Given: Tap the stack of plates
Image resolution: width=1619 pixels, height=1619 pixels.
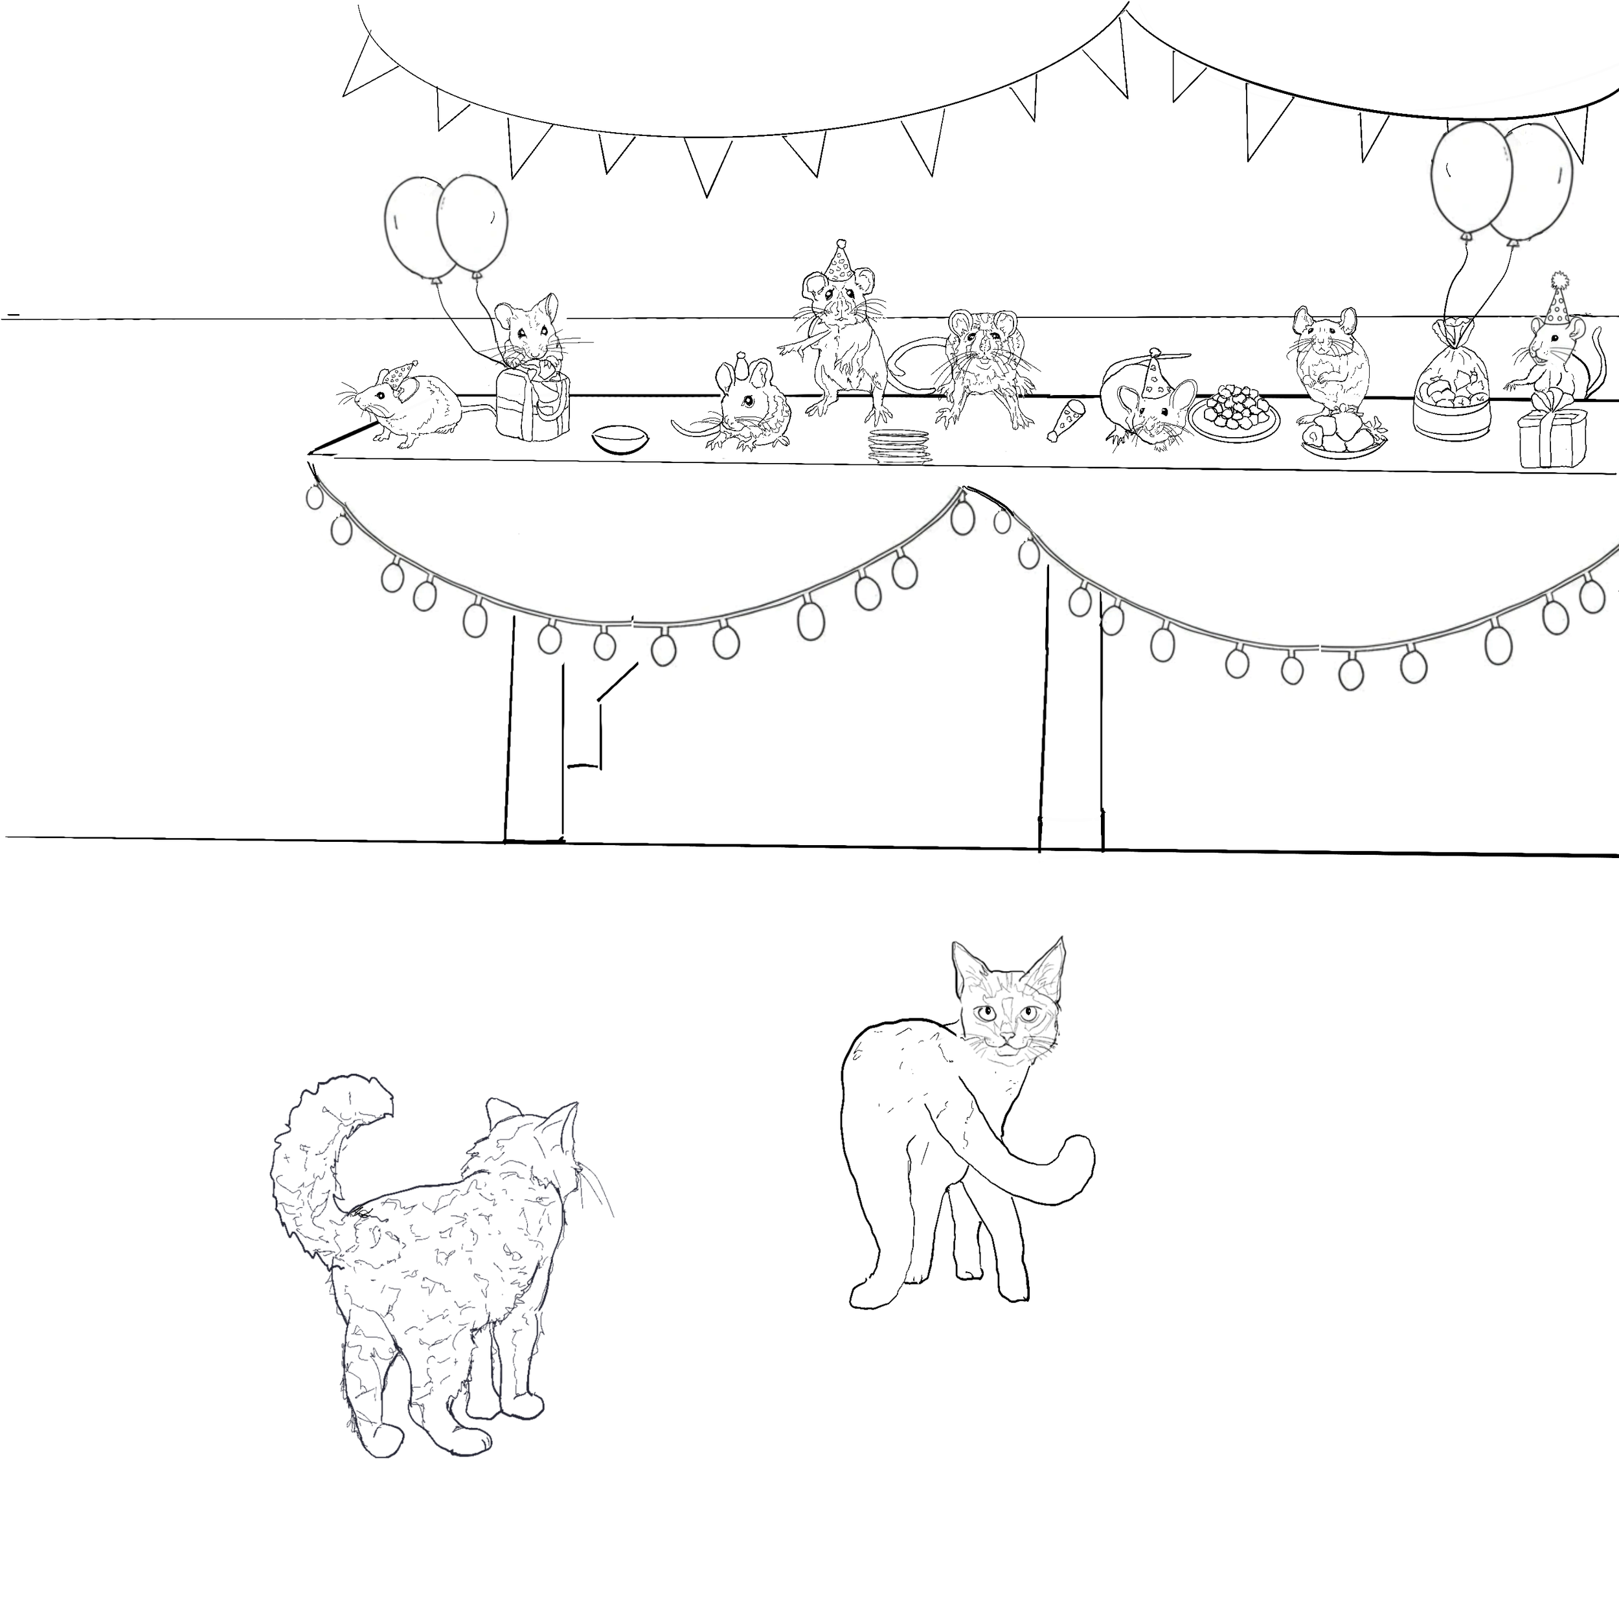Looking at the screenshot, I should click(899, 446).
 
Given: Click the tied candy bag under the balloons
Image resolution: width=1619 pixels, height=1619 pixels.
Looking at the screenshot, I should click(1454, 385).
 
